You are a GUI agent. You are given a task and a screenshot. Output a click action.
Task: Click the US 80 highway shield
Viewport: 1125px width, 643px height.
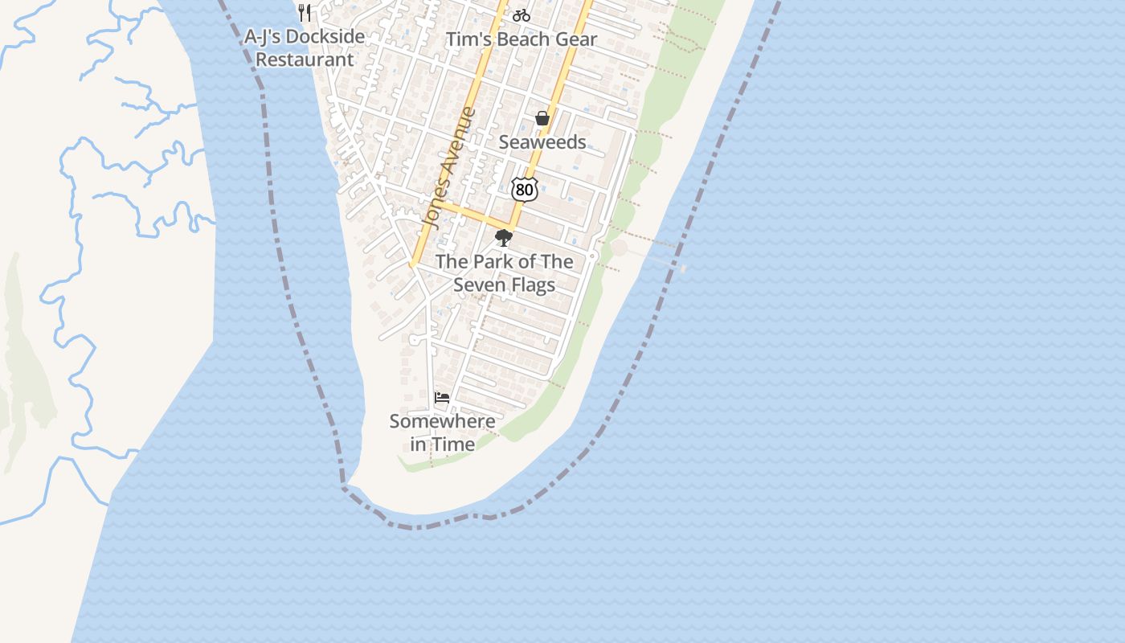point(524,190)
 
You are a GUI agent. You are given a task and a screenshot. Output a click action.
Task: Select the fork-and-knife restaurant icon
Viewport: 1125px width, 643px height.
point(305,13)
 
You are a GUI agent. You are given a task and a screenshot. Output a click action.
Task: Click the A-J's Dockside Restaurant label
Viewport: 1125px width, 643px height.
point(305,47)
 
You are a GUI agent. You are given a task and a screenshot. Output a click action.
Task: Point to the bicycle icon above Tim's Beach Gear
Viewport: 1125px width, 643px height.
point(521,15)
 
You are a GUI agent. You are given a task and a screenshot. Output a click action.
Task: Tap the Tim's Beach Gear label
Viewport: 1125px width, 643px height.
point(522,39)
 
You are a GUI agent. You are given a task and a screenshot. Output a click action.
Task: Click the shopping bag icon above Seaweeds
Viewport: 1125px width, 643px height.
point(542,119)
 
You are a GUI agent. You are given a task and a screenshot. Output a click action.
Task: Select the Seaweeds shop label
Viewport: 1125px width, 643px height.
point(542,142)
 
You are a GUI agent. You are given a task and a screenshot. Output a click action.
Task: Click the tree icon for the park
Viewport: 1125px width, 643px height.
point(504,237)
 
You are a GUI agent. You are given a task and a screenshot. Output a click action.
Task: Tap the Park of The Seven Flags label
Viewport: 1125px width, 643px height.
point(505,273)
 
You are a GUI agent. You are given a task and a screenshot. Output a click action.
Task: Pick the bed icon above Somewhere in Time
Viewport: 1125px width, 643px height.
point(442,397)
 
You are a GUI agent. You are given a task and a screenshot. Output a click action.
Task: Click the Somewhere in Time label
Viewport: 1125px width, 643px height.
point(442,432)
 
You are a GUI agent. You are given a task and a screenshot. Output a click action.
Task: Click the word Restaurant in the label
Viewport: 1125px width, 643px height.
point(305,59)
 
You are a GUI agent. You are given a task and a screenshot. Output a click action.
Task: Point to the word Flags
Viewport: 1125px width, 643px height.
point(531,285)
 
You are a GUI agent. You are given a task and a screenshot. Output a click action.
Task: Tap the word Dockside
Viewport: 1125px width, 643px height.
point(325,36)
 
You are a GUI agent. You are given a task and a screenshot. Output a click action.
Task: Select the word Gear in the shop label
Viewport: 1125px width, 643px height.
point(576,39)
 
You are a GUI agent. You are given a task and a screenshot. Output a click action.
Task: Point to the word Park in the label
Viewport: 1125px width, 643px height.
point(492,262)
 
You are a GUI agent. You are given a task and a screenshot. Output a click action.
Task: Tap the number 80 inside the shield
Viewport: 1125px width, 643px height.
point(524,190)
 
